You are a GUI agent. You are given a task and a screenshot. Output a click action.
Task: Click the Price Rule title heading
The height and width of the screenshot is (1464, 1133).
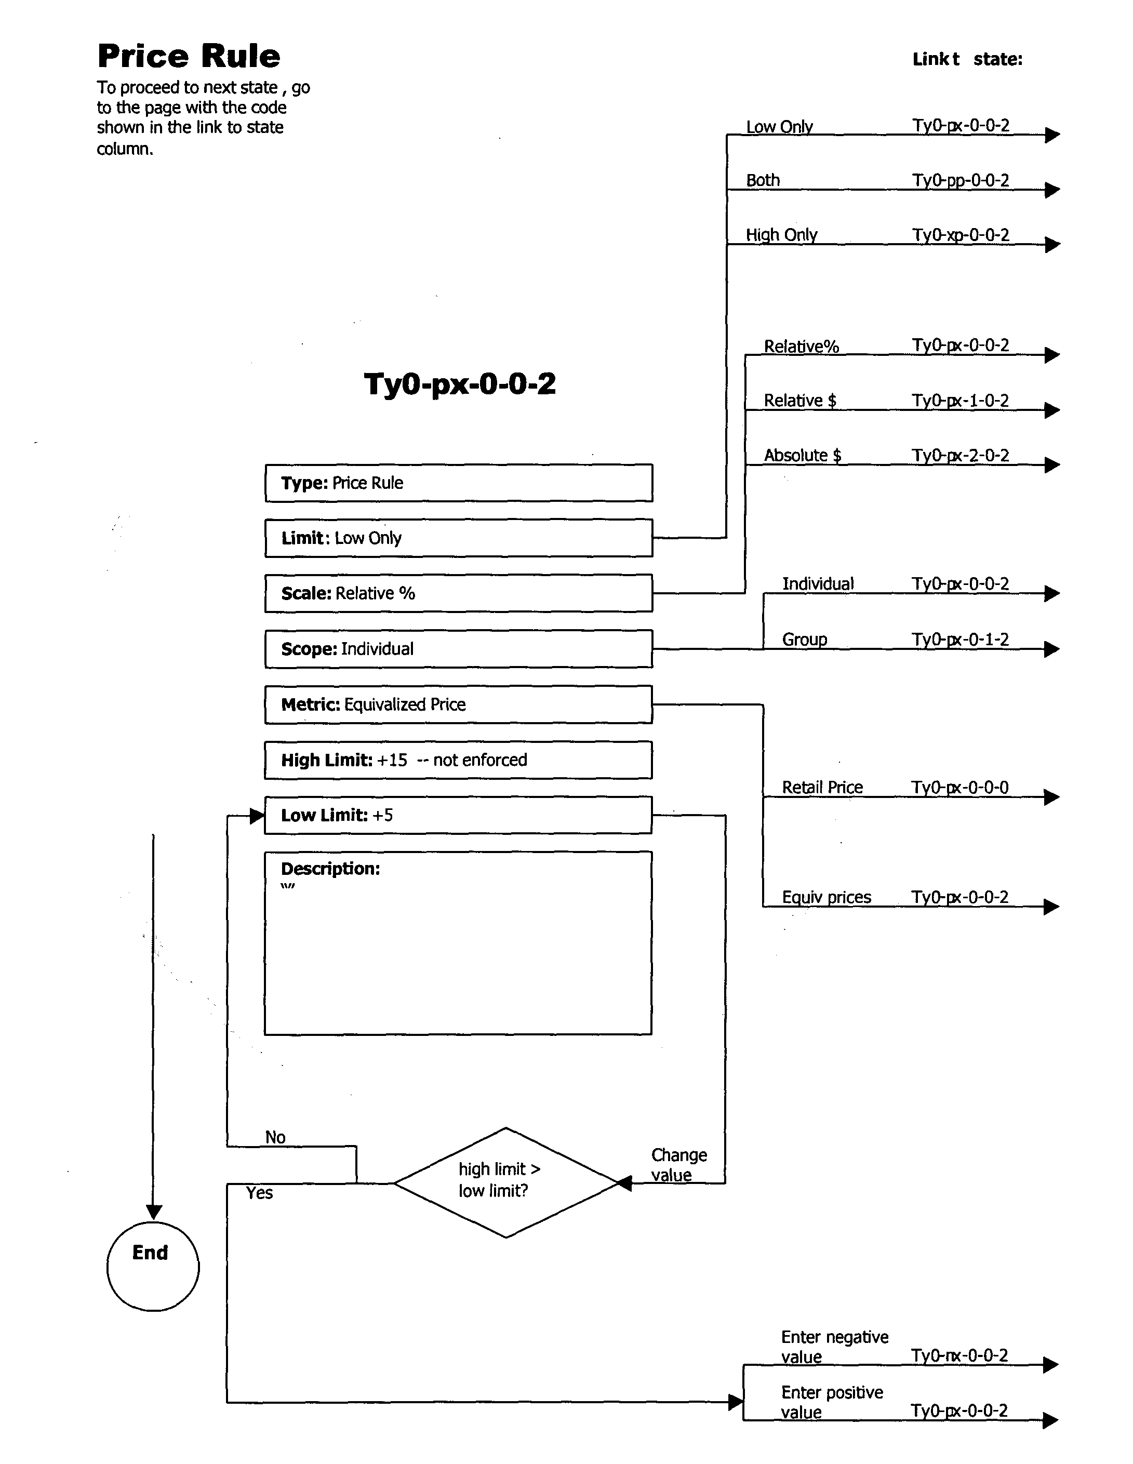(189, 56)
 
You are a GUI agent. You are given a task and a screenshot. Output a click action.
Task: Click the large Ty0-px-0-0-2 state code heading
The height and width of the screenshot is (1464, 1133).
(459, 384)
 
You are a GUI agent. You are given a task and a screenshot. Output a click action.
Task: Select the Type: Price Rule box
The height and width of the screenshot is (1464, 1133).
(459, 483)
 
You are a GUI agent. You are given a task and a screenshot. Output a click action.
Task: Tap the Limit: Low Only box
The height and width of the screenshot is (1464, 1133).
(459, 538)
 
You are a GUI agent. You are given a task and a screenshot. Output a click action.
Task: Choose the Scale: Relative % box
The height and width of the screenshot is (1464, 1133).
(459, 593)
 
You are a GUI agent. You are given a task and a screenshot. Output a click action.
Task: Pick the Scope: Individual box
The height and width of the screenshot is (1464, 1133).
(459, 649)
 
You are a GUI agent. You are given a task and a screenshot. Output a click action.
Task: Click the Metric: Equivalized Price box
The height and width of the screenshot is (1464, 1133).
(459, 704)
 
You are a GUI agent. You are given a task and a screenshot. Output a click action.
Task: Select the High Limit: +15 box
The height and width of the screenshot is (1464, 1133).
(459, 760)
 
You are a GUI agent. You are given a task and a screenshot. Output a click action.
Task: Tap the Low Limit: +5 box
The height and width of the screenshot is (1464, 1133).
(459, 815)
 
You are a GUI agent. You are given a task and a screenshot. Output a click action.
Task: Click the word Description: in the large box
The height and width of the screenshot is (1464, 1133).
(330, 869)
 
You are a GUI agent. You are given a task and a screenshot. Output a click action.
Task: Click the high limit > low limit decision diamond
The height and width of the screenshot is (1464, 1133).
(505, 1182)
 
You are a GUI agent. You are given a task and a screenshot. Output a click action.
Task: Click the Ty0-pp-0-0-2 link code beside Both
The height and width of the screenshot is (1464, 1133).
(960, 180)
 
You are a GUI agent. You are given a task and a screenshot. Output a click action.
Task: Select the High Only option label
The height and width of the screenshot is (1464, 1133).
(781, 235)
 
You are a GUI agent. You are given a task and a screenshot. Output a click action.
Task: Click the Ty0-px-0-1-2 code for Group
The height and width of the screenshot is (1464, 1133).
(960, 640)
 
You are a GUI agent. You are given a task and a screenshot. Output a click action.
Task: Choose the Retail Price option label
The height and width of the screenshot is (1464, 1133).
(822, 787)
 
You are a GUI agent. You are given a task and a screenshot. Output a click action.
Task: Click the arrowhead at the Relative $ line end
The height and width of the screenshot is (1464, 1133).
(1052, 410)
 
